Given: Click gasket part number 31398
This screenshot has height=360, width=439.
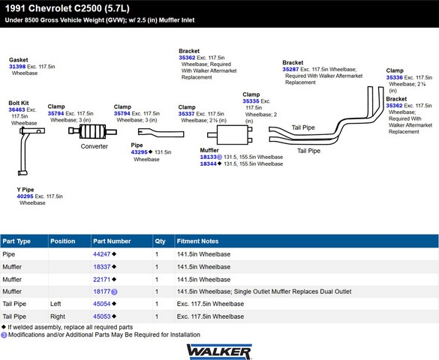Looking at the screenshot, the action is [x=17, y=67].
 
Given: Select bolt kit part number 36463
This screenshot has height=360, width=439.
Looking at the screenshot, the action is [x=17, y=109].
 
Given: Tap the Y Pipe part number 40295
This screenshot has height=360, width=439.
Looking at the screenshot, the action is [x=25, y=196].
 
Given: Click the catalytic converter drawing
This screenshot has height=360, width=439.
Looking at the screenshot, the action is [x=92, y=131].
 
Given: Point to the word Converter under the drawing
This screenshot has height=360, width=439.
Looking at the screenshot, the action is [x=94, y=146].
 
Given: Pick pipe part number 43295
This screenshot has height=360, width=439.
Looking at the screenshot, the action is [x=139, y=152].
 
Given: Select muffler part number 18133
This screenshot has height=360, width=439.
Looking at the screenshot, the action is [x=209, y=157].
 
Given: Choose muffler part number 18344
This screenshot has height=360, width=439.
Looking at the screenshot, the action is [x=209, y=164].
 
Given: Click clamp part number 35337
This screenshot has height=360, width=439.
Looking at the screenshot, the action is [x=186, y=114].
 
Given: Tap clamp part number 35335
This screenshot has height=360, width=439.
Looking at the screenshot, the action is [x=251, y=101].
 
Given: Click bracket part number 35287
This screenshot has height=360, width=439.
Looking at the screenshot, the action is [x=290, y=69].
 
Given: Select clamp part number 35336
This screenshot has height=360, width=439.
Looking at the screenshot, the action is [x=395, y=77].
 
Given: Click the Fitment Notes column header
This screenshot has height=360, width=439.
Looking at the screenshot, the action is [x=197, y=241].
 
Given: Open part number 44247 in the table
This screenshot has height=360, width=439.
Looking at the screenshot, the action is [x=102, y=254].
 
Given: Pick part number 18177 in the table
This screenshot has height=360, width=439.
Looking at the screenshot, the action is [x=102, y=292].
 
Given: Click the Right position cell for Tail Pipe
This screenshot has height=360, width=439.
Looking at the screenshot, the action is [x=58, y=316].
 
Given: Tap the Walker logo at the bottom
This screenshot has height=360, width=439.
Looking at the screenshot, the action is [x=219, y=352].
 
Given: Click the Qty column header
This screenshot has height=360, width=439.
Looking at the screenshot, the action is [x=160, y=241].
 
